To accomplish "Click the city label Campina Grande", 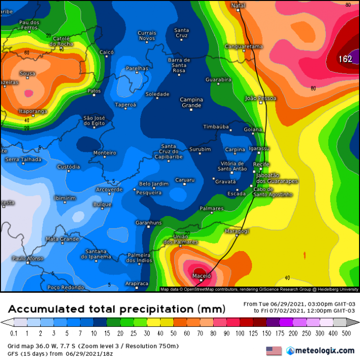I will [x=191, y=102].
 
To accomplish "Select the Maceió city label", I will [x=202, y=276].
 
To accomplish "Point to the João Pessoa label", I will [x=260, y=98].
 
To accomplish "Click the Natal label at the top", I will [x=238, y=5].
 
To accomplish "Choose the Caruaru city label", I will [x=185, y=180].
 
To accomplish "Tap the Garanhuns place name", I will [x=148, y=223].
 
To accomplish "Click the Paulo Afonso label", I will [x=27, y=258].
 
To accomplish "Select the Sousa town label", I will [x=27, y=73].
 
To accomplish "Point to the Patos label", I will [x=94, y=91].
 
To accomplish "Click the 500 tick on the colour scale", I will [x=346, y=333].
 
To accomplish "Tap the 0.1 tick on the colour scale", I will [x=13, y=333].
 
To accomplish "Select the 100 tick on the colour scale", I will [x=239, y=333].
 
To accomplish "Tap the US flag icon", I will [x=273, y=351].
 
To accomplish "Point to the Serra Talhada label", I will [x=23, y=159].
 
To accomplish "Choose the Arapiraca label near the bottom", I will [x=136, y=284].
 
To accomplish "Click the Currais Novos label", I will [x=147, y=36].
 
